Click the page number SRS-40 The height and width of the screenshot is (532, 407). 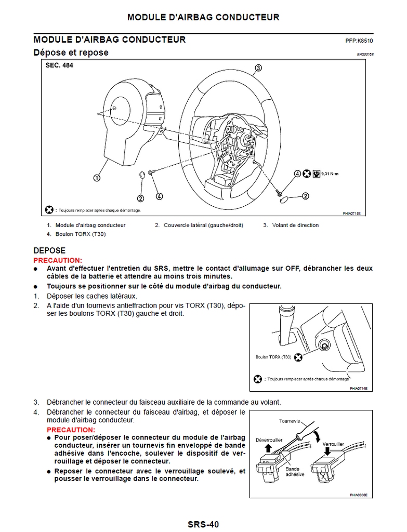pos(203,524)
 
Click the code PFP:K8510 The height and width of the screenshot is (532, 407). pos(359,41)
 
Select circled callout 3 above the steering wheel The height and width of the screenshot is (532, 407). pos(258,68)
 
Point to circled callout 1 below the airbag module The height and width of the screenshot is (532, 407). pos(97,178)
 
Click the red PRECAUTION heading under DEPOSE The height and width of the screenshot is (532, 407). pos(58,260)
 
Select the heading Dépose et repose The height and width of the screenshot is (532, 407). pos(71,52)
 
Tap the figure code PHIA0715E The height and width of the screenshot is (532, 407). pos(351,213)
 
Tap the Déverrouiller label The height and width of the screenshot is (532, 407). pos(268,440)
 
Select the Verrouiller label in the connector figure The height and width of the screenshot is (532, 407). pos(333,445)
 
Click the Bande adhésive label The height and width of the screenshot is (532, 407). pos(295,472)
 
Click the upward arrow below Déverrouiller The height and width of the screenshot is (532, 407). pos(268,448)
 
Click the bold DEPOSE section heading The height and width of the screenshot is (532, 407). pos(49,250)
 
